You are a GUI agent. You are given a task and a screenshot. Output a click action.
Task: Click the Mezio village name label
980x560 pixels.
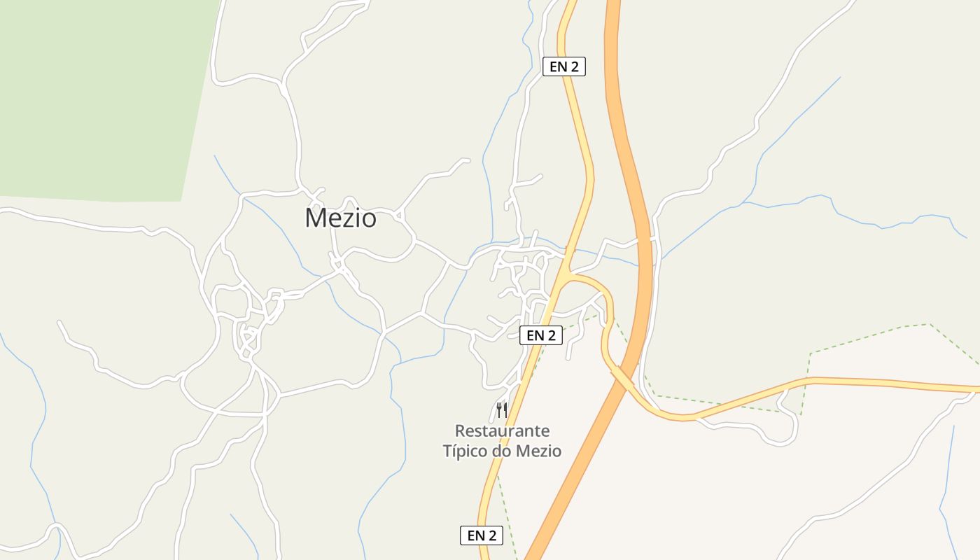click(340, 218)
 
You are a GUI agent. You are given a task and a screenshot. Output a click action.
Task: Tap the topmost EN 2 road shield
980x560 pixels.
click(563, 66)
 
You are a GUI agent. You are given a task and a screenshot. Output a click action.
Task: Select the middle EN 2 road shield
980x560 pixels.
click(541, 335)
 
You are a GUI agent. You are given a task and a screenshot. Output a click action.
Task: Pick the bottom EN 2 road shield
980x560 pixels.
click(482, 535)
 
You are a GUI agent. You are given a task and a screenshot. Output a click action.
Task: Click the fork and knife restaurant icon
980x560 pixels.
click(501, 409)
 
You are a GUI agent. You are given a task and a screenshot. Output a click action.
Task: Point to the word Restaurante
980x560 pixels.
click(502, 430)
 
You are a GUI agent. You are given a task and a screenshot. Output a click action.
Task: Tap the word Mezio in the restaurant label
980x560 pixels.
click(538, 451)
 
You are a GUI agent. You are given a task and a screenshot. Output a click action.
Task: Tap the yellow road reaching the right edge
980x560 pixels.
click(910, 384)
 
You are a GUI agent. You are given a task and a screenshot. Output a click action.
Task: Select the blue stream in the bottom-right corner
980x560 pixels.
click(948, 490)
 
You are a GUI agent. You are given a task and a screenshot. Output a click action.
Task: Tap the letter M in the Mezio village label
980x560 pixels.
click(314, 218)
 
